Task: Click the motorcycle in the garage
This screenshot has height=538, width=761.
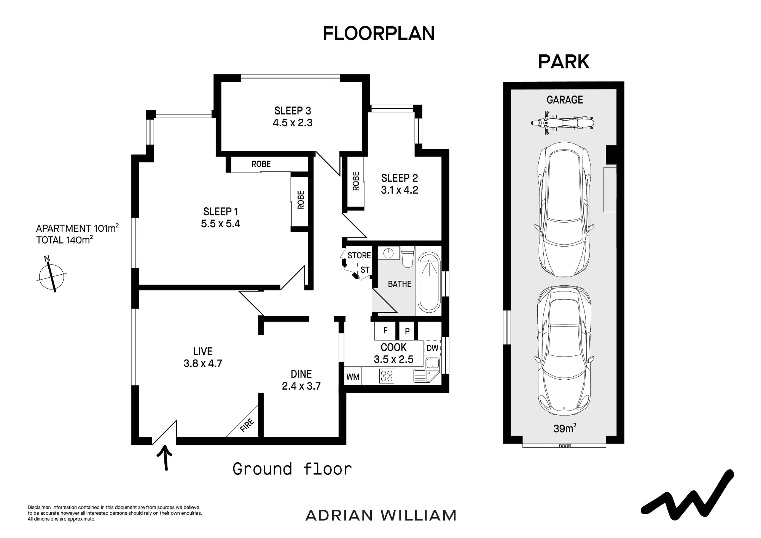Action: pyautogui.click(x=562, y=123)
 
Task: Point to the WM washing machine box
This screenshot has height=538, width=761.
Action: pyautogui.click(x=353, y=377)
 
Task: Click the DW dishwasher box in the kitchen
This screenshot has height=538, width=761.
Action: pyautogui.click(x=432, y=348)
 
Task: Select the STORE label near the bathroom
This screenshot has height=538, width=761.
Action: pyautogui.click(x=359, y=255)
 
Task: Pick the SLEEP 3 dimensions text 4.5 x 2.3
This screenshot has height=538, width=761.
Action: pyautogui.click(x=293, y=123)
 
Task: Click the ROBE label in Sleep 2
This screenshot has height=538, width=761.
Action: pyautogui.click(x=356, y=181)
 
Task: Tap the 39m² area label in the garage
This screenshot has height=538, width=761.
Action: pyautogui.click(x=565, y=428)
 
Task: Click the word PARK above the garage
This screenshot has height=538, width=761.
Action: pyautogui.click(x=564, y=62)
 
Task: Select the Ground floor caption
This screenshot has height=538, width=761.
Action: pyautogui.click(x=292, y=469)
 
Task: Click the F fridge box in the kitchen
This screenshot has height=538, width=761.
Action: pyautogui.click(x=385, y=331)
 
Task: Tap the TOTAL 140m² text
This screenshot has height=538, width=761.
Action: pyautogui.click(x=64, y=240)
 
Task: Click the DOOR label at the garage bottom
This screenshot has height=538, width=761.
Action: pyautogui.click(x=565, y=446)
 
